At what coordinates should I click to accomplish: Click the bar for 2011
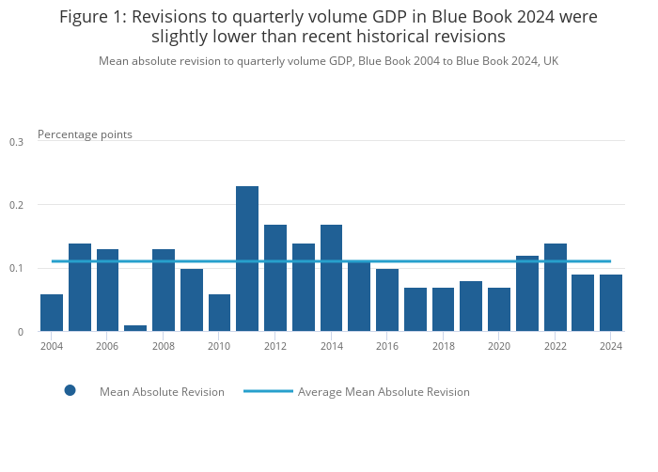pyautogui.click(x=247, y=259)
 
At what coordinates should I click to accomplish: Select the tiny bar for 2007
pyautogui.click(x=135, y=328)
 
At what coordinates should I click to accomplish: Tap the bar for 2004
pyautogui.click(x=52, y=313)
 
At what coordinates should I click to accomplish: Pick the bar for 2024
pyautogui.click(x=611, y=303)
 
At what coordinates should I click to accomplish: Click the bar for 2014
pyautogui.click(x=331, y=277)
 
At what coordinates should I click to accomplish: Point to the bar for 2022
pyautogui.click(x=556, y=287)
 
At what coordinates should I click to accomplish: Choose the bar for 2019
pyautogui.click(x=471, y=307)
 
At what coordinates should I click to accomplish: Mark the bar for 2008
pyautogui.click(x=164, y=290)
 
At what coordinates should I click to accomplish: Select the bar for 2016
pyautogui.click(x=387, y=300)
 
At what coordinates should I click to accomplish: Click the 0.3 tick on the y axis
pyautogui.click(x=16, y=142)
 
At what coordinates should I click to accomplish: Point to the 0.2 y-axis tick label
pyautogui.click(x=16, y=205)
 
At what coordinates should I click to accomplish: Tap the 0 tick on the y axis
pyautogui.click(x=20, y=332)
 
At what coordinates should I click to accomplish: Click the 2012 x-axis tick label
pyautogui.click(x=275, y=346)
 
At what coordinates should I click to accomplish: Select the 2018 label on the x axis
pyautogui.click(x=443, y=346)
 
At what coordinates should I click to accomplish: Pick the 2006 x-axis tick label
pyautogui.click(x=107, y=346)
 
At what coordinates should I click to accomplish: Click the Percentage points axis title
pyautogui.click(x=85, y=134)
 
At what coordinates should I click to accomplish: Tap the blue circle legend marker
pyautogui.click(x=70, y=390)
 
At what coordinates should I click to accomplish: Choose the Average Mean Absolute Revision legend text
pyautogui.click(x=384, y=391)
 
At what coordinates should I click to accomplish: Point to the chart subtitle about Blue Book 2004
pyautogui.click(x=329, y=60)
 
